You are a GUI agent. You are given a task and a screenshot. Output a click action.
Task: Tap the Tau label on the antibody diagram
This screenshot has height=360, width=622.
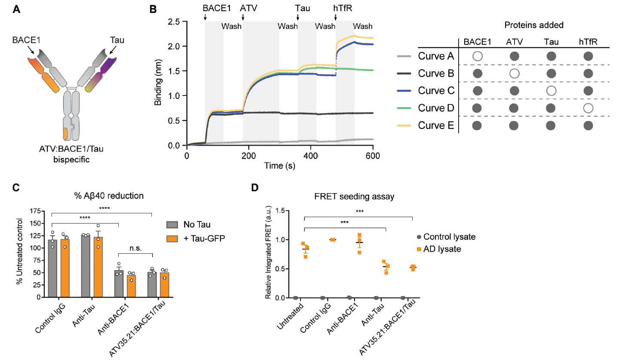point(117,40)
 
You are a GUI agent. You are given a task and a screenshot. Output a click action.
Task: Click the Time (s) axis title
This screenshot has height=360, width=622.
point(279,166)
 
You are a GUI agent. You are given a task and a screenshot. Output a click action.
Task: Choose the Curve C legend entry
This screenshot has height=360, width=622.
point(435,91)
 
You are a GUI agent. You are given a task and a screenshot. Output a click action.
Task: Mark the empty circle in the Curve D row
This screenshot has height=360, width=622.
point(588,108)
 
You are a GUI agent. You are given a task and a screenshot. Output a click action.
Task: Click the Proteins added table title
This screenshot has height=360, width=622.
point(534,25)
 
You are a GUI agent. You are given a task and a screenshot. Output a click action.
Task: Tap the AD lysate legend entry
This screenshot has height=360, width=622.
point(441,249)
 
